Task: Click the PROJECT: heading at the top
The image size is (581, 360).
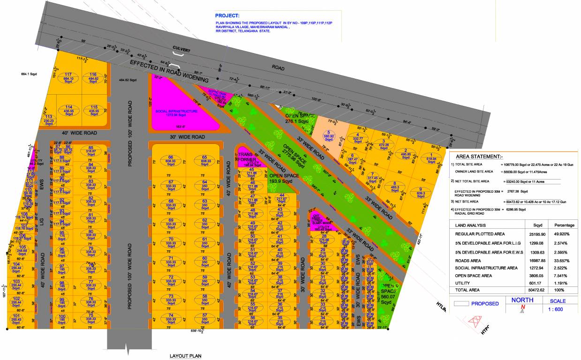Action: [x=227, y=16]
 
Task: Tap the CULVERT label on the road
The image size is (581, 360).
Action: [x=181, y=48]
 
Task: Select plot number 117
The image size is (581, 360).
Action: [x=68, y=77]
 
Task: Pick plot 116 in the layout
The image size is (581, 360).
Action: [x=93, y=77]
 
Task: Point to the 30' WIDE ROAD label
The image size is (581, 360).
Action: [x=188, y=137]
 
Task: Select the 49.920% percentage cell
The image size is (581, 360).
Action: [x=564, y=233]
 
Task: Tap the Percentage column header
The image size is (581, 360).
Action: [x=564, y=225]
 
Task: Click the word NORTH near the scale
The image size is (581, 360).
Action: [x=522, y=300]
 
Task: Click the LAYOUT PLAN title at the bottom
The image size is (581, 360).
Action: [x=185, y=356]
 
